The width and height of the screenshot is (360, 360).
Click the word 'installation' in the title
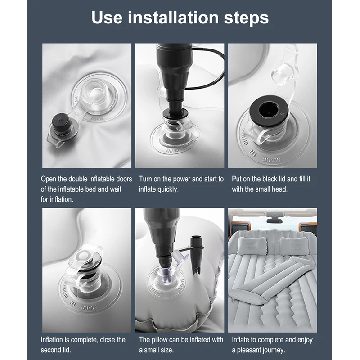pyautogui.click(x=173, y=18)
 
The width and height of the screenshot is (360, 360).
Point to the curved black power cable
pyautogui.click(x=207, y=69)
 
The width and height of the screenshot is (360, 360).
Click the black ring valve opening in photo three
pyautogui.click(x=268, y=110)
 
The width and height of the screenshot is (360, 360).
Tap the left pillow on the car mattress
pyautogui.click(x=252, y=246)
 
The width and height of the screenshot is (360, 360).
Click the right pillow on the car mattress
pyautogui.click(x=294, y=246)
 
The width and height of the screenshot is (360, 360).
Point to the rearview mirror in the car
pyautogui.click(x=274, y=220)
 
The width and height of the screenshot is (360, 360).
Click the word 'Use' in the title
pyautogui.click(x=107, y=18)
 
